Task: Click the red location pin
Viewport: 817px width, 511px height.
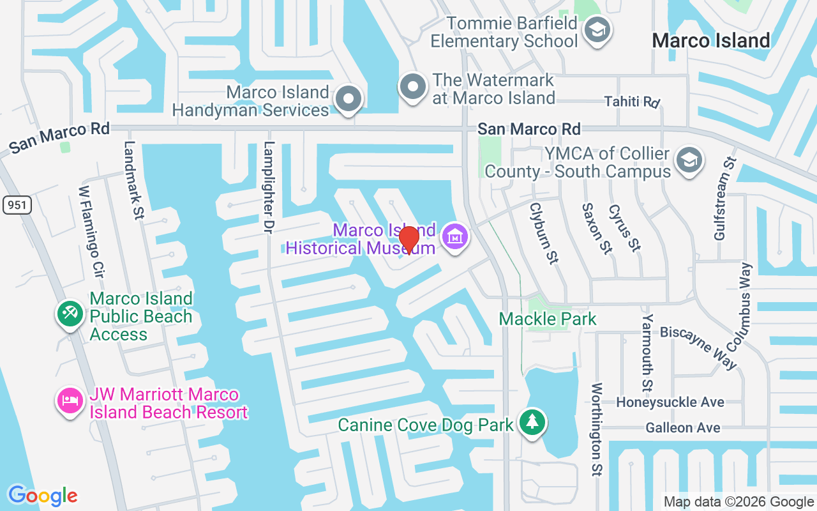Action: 408,240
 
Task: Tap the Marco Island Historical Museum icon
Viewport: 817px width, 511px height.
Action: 455,237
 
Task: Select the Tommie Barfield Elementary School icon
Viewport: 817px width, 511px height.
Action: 598,31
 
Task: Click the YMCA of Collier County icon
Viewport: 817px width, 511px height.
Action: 689,160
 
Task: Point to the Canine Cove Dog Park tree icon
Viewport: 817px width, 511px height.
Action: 531,422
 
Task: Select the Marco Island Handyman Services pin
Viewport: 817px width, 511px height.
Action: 349,100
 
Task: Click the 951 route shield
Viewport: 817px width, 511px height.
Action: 17,205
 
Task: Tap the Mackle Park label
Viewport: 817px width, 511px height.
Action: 548,319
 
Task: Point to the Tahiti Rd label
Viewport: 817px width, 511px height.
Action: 632,102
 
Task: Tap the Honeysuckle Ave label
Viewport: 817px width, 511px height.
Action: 670,402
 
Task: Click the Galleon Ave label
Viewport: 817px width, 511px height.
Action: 682,428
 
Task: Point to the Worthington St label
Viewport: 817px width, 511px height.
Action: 597,429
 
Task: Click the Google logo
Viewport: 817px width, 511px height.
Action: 43,496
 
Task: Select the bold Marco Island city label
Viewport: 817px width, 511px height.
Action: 711,41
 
